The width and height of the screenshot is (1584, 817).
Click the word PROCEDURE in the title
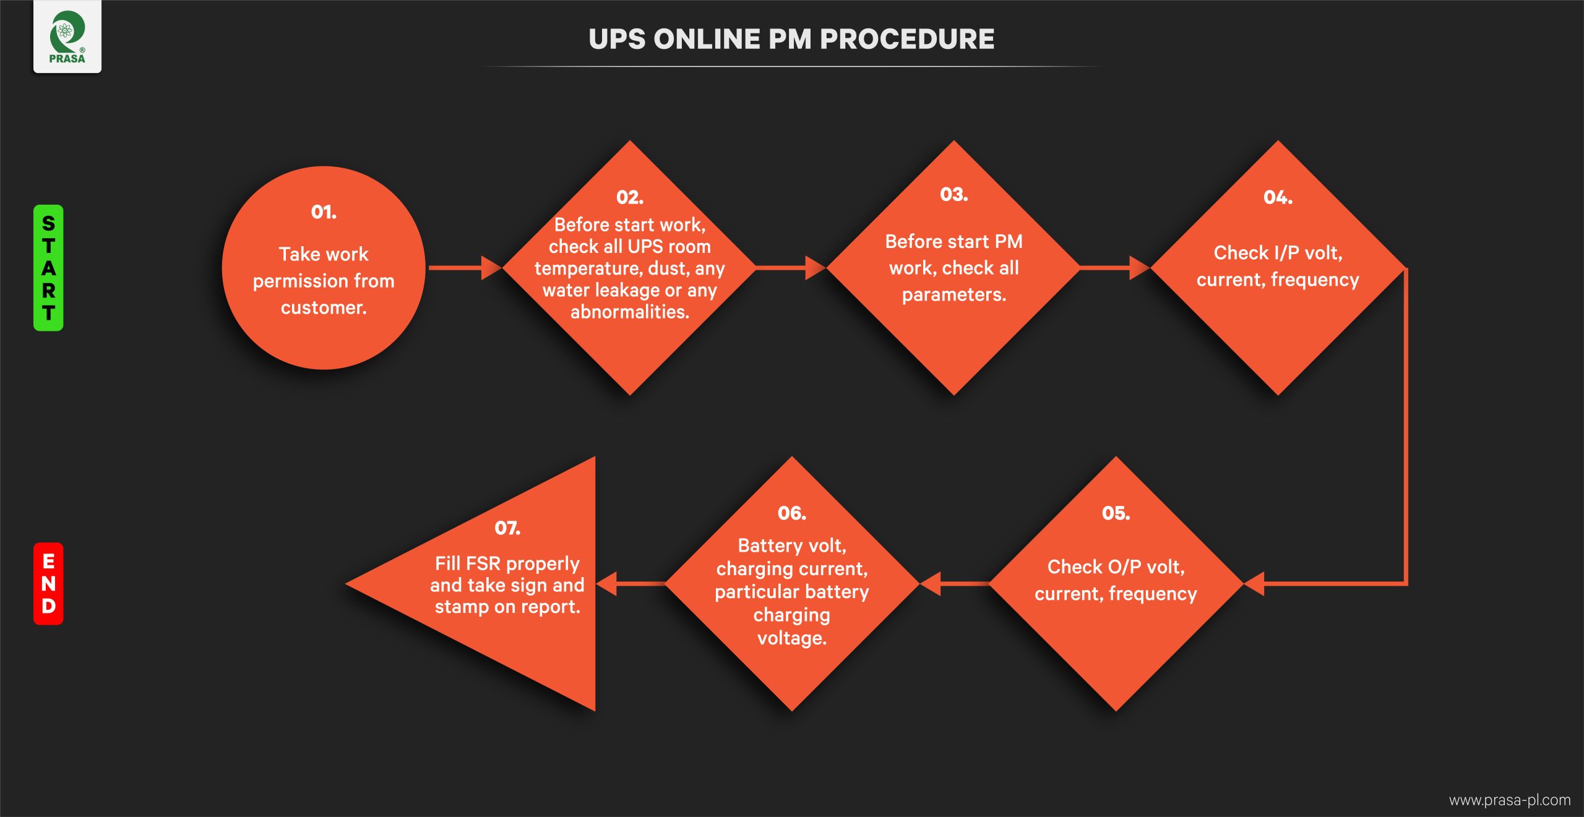906,40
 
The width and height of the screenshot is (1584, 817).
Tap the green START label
48,268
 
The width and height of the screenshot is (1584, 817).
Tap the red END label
48,583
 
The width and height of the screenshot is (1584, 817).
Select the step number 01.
324,212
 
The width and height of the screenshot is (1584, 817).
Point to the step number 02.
630,197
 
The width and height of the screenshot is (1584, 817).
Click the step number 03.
953,195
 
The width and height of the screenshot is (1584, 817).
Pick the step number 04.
1278,198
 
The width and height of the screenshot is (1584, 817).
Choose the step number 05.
1116,513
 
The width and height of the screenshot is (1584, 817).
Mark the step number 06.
791,513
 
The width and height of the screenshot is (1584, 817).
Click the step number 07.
507,528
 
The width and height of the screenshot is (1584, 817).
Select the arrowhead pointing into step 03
816,268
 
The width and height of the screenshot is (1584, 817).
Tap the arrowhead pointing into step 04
1139,268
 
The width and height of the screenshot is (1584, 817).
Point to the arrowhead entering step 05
1254,583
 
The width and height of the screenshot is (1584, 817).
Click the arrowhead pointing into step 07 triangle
606,583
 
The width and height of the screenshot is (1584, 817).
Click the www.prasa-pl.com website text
1509,800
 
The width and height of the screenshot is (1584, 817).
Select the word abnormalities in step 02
629,312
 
